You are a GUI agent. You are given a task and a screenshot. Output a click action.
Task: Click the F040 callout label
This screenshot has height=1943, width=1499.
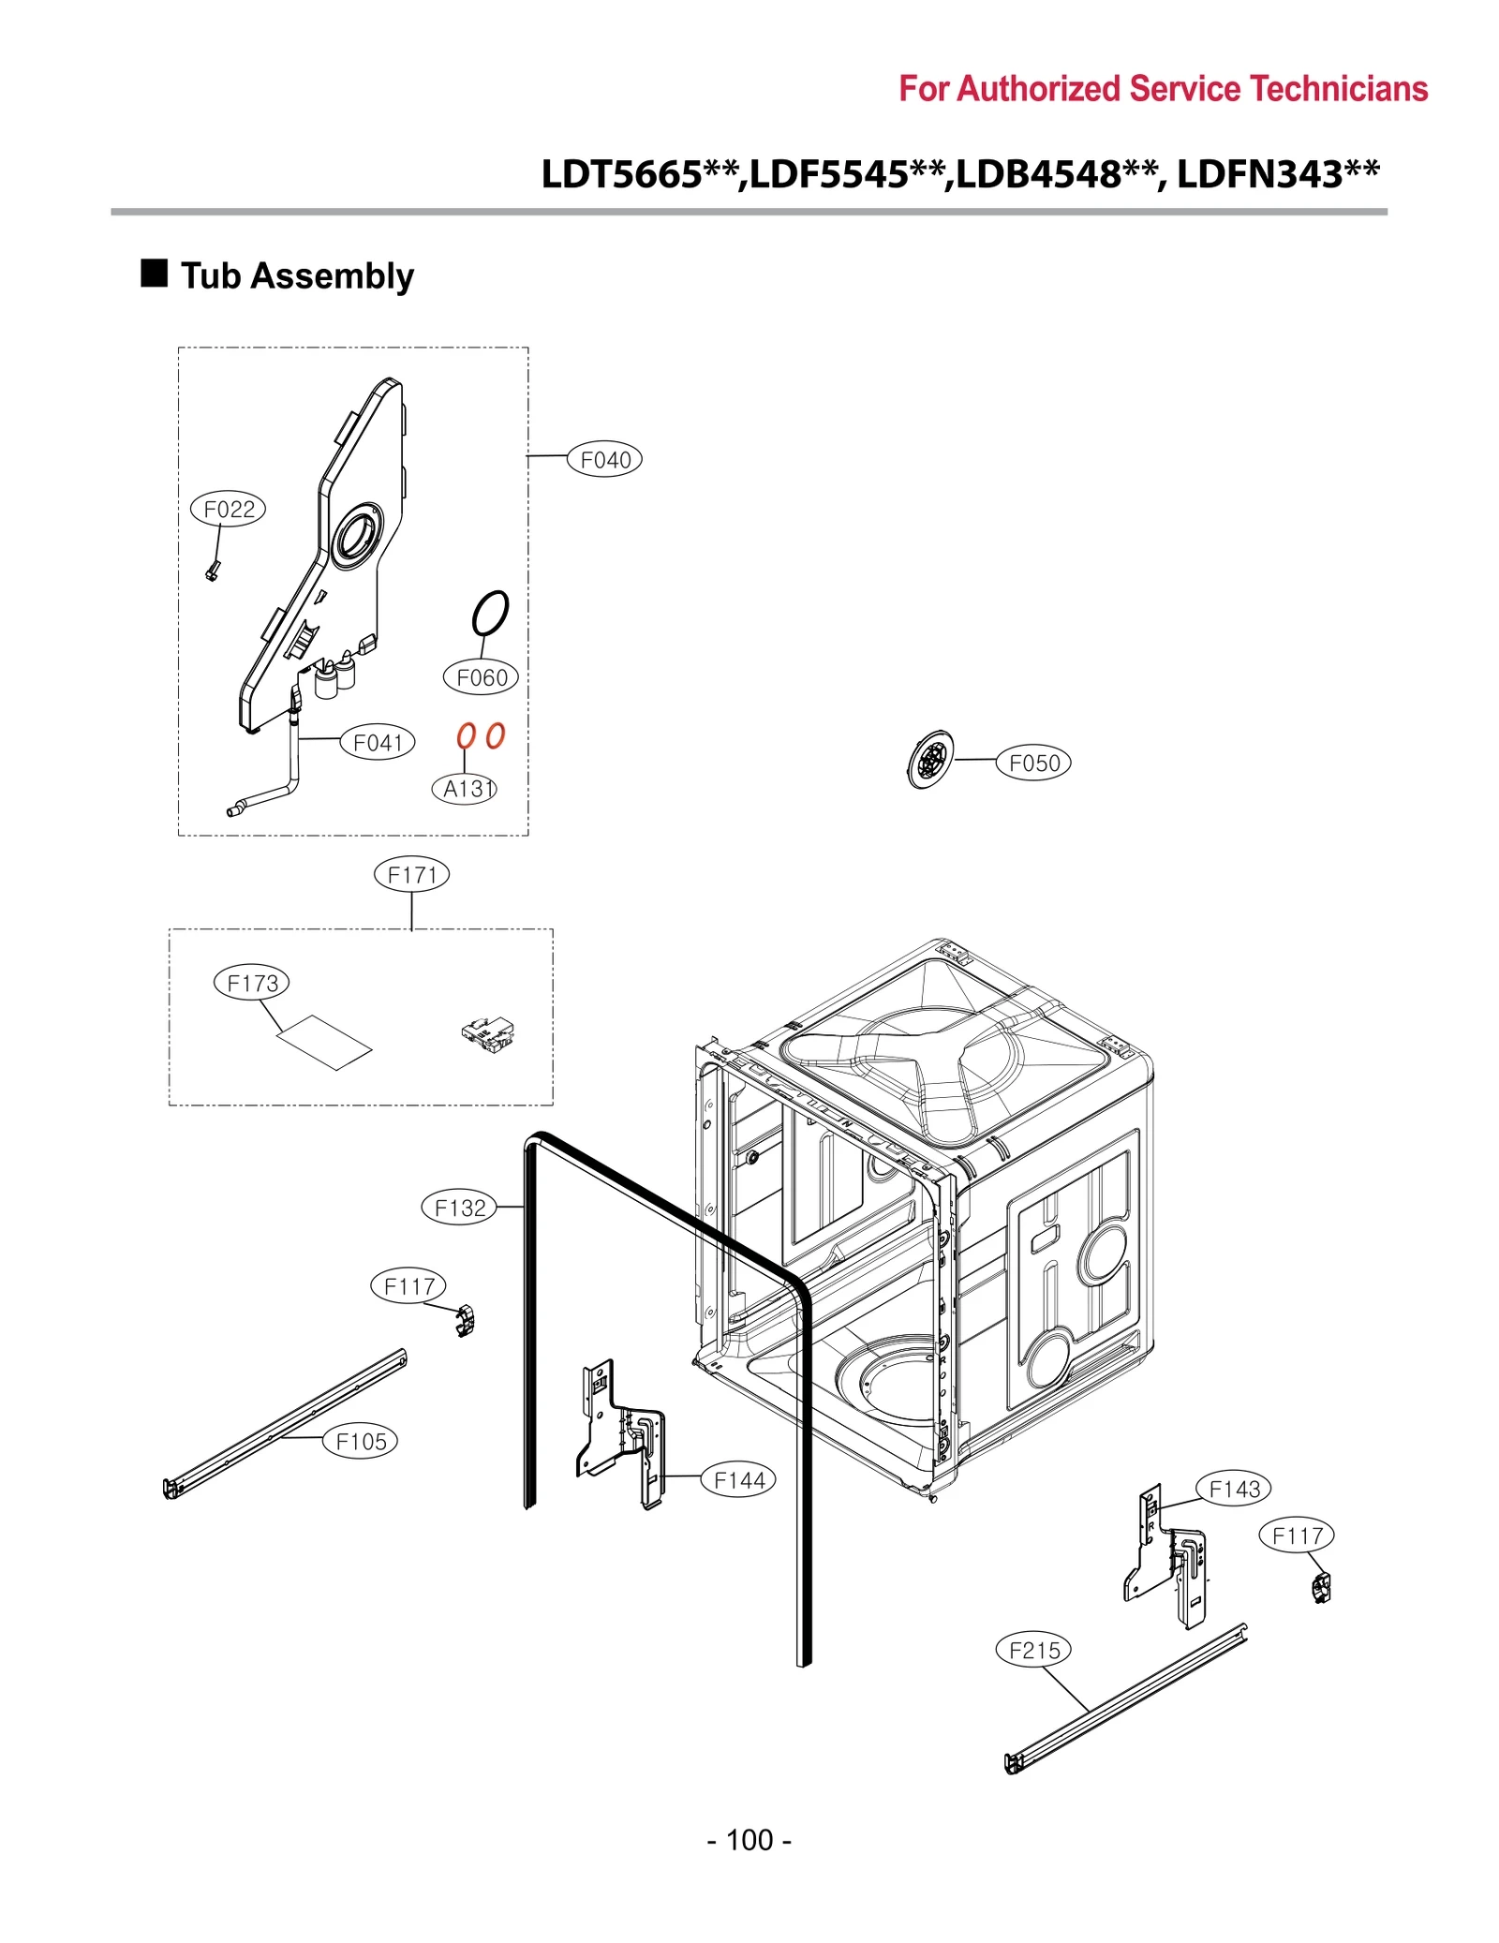[x=604, y=459]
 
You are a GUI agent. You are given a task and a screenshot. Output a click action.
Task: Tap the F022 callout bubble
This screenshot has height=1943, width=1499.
[x=228, y=509]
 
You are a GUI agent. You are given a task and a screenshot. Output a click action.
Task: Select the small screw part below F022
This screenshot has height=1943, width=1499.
[x=213, y=570]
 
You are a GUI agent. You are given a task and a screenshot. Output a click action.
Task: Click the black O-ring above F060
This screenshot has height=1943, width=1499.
[x=490, y=613]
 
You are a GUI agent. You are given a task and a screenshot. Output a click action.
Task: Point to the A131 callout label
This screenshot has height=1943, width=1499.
[x=465, y=788]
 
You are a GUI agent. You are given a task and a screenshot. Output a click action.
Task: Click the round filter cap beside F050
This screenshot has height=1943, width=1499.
[x=929, y=760]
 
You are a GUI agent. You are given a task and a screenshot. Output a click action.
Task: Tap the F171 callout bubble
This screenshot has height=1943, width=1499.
[x=411, y=874]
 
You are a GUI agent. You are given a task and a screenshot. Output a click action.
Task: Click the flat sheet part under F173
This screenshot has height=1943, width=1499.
[x=324, y=1041]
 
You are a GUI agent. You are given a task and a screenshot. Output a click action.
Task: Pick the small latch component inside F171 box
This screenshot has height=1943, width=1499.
[x=488, y=1033]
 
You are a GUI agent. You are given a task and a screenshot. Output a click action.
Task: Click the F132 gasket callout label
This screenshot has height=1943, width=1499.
[x=459, y=1208]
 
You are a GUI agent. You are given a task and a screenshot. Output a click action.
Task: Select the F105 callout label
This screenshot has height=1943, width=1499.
[x=360, y=1441]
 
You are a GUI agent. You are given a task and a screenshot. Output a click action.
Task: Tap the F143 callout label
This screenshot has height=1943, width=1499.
[x=1234, y=1489]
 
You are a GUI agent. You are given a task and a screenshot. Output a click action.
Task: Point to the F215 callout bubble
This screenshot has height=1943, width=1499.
[x=1032, y=1650]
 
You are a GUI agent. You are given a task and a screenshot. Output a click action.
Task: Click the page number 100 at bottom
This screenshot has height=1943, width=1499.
[x=749, y=1839]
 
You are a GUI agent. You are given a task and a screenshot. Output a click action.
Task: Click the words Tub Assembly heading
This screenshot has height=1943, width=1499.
[x=297, y=275]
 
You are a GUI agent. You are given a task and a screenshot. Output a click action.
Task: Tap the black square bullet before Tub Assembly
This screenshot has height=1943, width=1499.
[x=154, y=273]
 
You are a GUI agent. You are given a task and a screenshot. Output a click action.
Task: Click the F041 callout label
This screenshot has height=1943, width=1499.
[x=377, y=742]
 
